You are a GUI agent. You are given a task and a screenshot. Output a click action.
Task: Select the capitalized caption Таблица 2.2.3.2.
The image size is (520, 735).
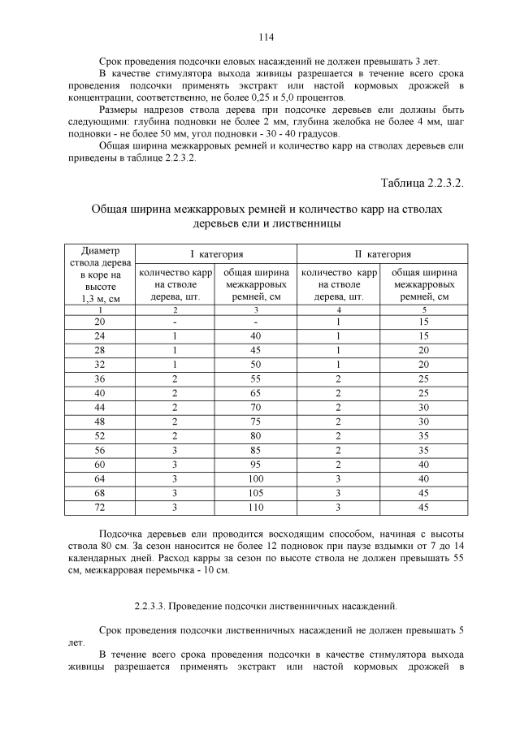coord(421,184)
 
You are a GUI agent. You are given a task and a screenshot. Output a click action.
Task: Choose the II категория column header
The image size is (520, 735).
coord(381,254)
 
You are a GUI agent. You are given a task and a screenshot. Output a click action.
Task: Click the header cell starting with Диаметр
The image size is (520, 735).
coord(100,275)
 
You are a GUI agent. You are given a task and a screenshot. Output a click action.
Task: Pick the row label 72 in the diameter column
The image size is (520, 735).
coord(100,508)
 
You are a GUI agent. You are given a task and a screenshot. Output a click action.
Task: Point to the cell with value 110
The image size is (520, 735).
coord(255,508)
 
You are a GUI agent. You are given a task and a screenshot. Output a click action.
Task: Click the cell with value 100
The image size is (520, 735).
coord(255,479)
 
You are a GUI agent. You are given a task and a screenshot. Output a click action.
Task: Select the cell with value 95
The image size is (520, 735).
coord(255,465)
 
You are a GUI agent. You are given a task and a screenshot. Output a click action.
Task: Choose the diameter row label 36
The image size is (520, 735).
coord(100,378)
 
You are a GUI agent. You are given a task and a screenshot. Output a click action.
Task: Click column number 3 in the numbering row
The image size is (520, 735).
coord(255,309)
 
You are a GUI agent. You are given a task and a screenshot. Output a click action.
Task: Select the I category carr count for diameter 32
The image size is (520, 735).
coord(175,364)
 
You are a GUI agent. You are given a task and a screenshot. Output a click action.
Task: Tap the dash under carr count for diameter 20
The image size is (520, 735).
coord(175,322)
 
